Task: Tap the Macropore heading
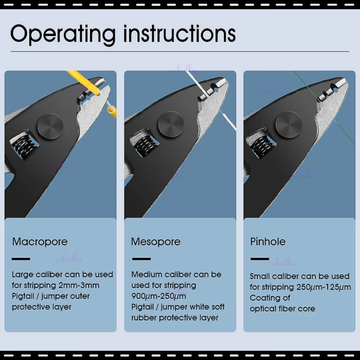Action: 40,242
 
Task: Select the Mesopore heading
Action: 156,242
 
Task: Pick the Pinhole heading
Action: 268,242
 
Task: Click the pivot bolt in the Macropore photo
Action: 50,126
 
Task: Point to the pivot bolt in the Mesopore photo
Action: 171,124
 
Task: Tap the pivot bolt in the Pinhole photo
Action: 289,125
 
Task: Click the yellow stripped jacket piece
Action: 112,112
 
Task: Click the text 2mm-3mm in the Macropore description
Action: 79,285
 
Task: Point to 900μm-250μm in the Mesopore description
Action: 159,296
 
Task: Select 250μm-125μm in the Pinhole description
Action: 324,287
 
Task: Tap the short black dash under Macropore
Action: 21,259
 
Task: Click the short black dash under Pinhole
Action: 260,259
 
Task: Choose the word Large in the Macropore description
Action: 22,275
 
